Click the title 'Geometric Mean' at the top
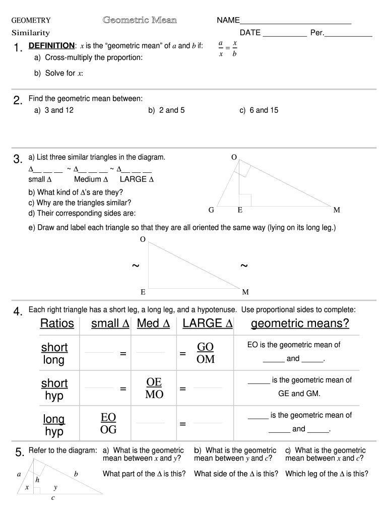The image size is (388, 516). point(140,20)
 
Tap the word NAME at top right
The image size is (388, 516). point(228,21)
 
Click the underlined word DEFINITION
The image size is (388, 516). point(52,46)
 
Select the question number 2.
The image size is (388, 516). point(18,101)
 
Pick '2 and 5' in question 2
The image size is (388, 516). point(166,110)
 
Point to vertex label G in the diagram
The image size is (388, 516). point(212,210)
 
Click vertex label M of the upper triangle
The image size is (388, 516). point(337,210)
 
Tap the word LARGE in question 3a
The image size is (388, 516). point(133,179)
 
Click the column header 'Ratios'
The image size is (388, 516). point(57,324)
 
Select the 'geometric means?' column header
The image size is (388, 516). point(300,324)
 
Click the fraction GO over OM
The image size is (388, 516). point(206,353)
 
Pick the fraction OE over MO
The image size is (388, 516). point(154,388)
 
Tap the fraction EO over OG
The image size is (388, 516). point(108,423)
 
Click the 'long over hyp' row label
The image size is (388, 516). point(54,425)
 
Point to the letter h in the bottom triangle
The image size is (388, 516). point(37,480)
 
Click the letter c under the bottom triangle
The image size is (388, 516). point(53,498)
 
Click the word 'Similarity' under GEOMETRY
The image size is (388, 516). point(31,33)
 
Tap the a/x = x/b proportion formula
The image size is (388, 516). point(228,49)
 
